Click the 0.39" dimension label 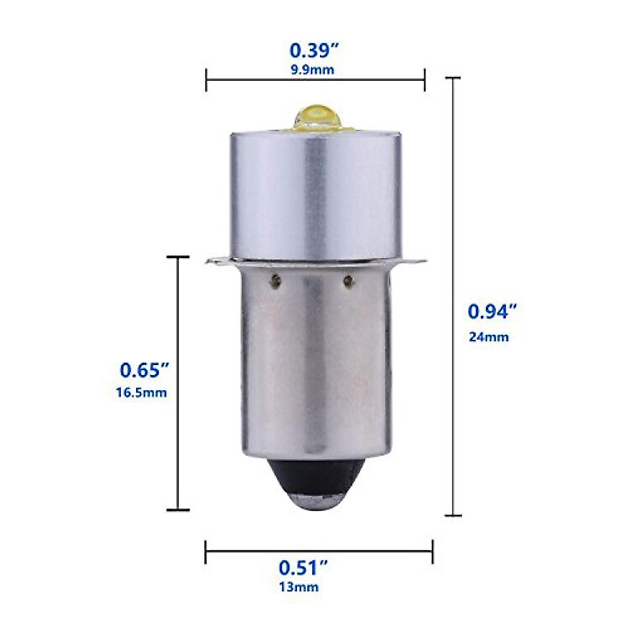coord(315,51)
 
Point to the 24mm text coord(489,337)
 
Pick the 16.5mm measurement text coord(142,393)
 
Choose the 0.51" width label coord(303,568)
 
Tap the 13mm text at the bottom coord(298,587)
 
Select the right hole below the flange coord(347,281)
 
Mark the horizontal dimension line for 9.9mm coord(315,80)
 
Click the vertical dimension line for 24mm coord(453,296)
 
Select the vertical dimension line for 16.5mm coord(178,383)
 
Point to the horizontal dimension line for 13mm coord(319,551)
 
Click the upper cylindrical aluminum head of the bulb coord(314,194)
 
